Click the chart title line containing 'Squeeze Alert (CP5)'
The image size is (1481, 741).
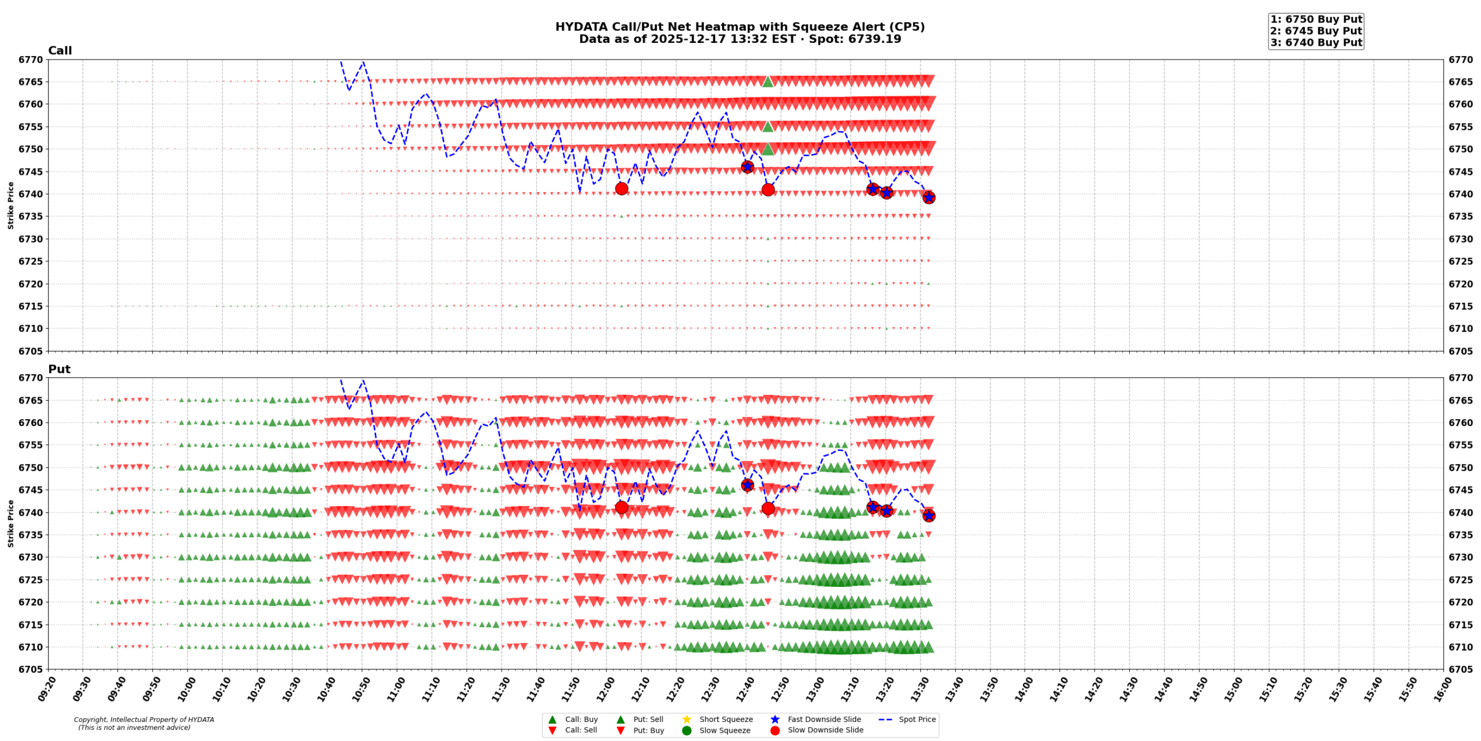click(x=739, y=27)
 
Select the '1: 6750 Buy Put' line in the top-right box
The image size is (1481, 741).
click(x=1316, y=20)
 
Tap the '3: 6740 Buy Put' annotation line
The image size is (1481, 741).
click(x=1316, y=43)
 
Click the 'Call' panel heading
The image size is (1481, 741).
click(x=60, y=51)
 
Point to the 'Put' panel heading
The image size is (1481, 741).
click(x=59, y=369)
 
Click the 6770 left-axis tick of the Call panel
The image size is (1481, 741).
click(x=31, y=60)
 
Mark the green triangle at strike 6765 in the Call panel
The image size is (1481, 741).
click(x=768, y=82)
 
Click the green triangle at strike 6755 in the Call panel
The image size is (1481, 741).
click(x=768, y=127)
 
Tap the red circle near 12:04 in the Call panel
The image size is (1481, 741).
click(x=621, y=189)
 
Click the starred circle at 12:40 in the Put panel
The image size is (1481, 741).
click(x=747, y=485)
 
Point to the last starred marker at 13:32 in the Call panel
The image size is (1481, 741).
click(x=929, y=198)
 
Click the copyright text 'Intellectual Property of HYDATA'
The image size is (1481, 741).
click(x=162, y=720)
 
